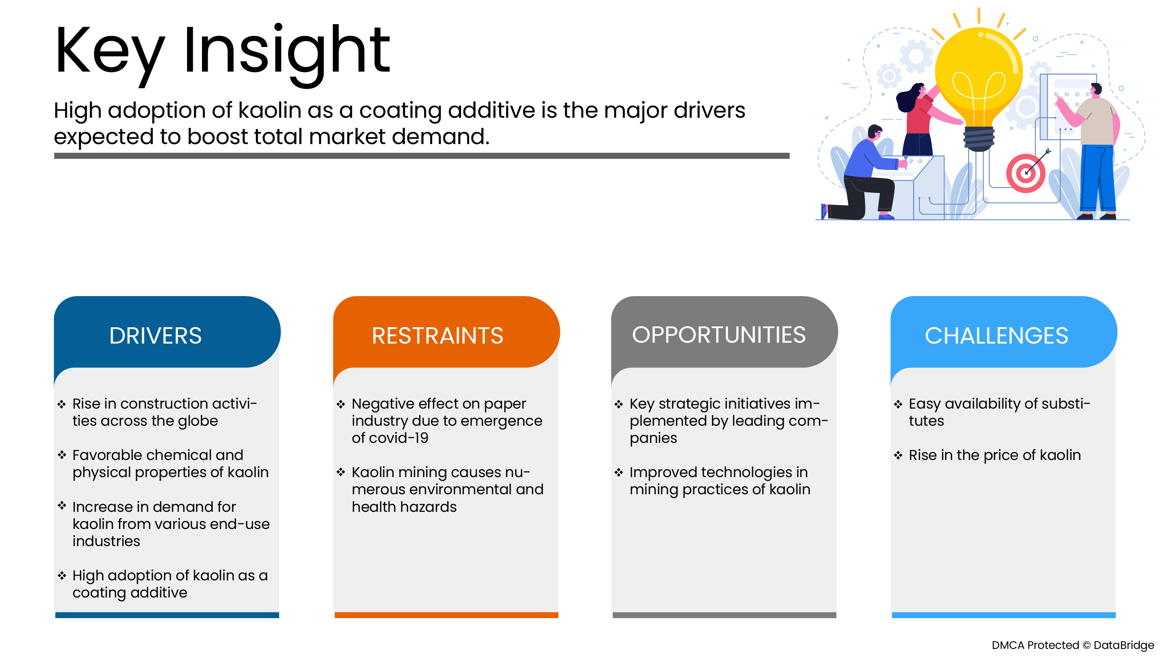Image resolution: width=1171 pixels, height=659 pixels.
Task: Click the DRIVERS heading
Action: (155, 336)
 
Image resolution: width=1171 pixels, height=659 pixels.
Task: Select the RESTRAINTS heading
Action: (437, 336)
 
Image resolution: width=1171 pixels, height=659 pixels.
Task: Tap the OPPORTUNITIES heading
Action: (718, 335)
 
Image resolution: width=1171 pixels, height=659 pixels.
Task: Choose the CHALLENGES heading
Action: (996, 336)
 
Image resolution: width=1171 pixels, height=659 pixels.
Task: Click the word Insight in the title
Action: (286, 54)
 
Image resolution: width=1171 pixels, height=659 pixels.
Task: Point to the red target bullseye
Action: (1026, 173)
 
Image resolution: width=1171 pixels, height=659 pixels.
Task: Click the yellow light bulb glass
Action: (979, 75)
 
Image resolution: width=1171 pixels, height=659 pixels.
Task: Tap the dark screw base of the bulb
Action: (979, 138)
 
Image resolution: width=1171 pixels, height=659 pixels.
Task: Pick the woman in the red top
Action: (923, 120)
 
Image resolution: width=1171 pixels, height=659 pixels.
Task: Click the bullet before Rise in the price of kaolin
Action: (898, 455)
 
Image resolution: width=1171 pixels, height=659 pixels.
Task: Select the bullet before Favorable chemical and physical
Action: (62, 455)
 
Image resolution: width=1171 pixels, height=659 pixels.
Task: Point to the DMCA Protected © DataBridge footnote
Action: (1072, 645)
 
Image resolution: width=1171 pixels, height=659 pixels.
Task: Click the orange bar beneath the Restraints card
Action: (446, 615)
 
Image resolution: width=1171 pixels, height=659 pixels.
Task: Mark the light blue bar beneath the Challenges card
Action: (1003, 615)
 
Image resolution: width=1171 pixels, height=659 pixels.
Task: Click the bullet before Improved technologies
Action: (618, 472)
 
